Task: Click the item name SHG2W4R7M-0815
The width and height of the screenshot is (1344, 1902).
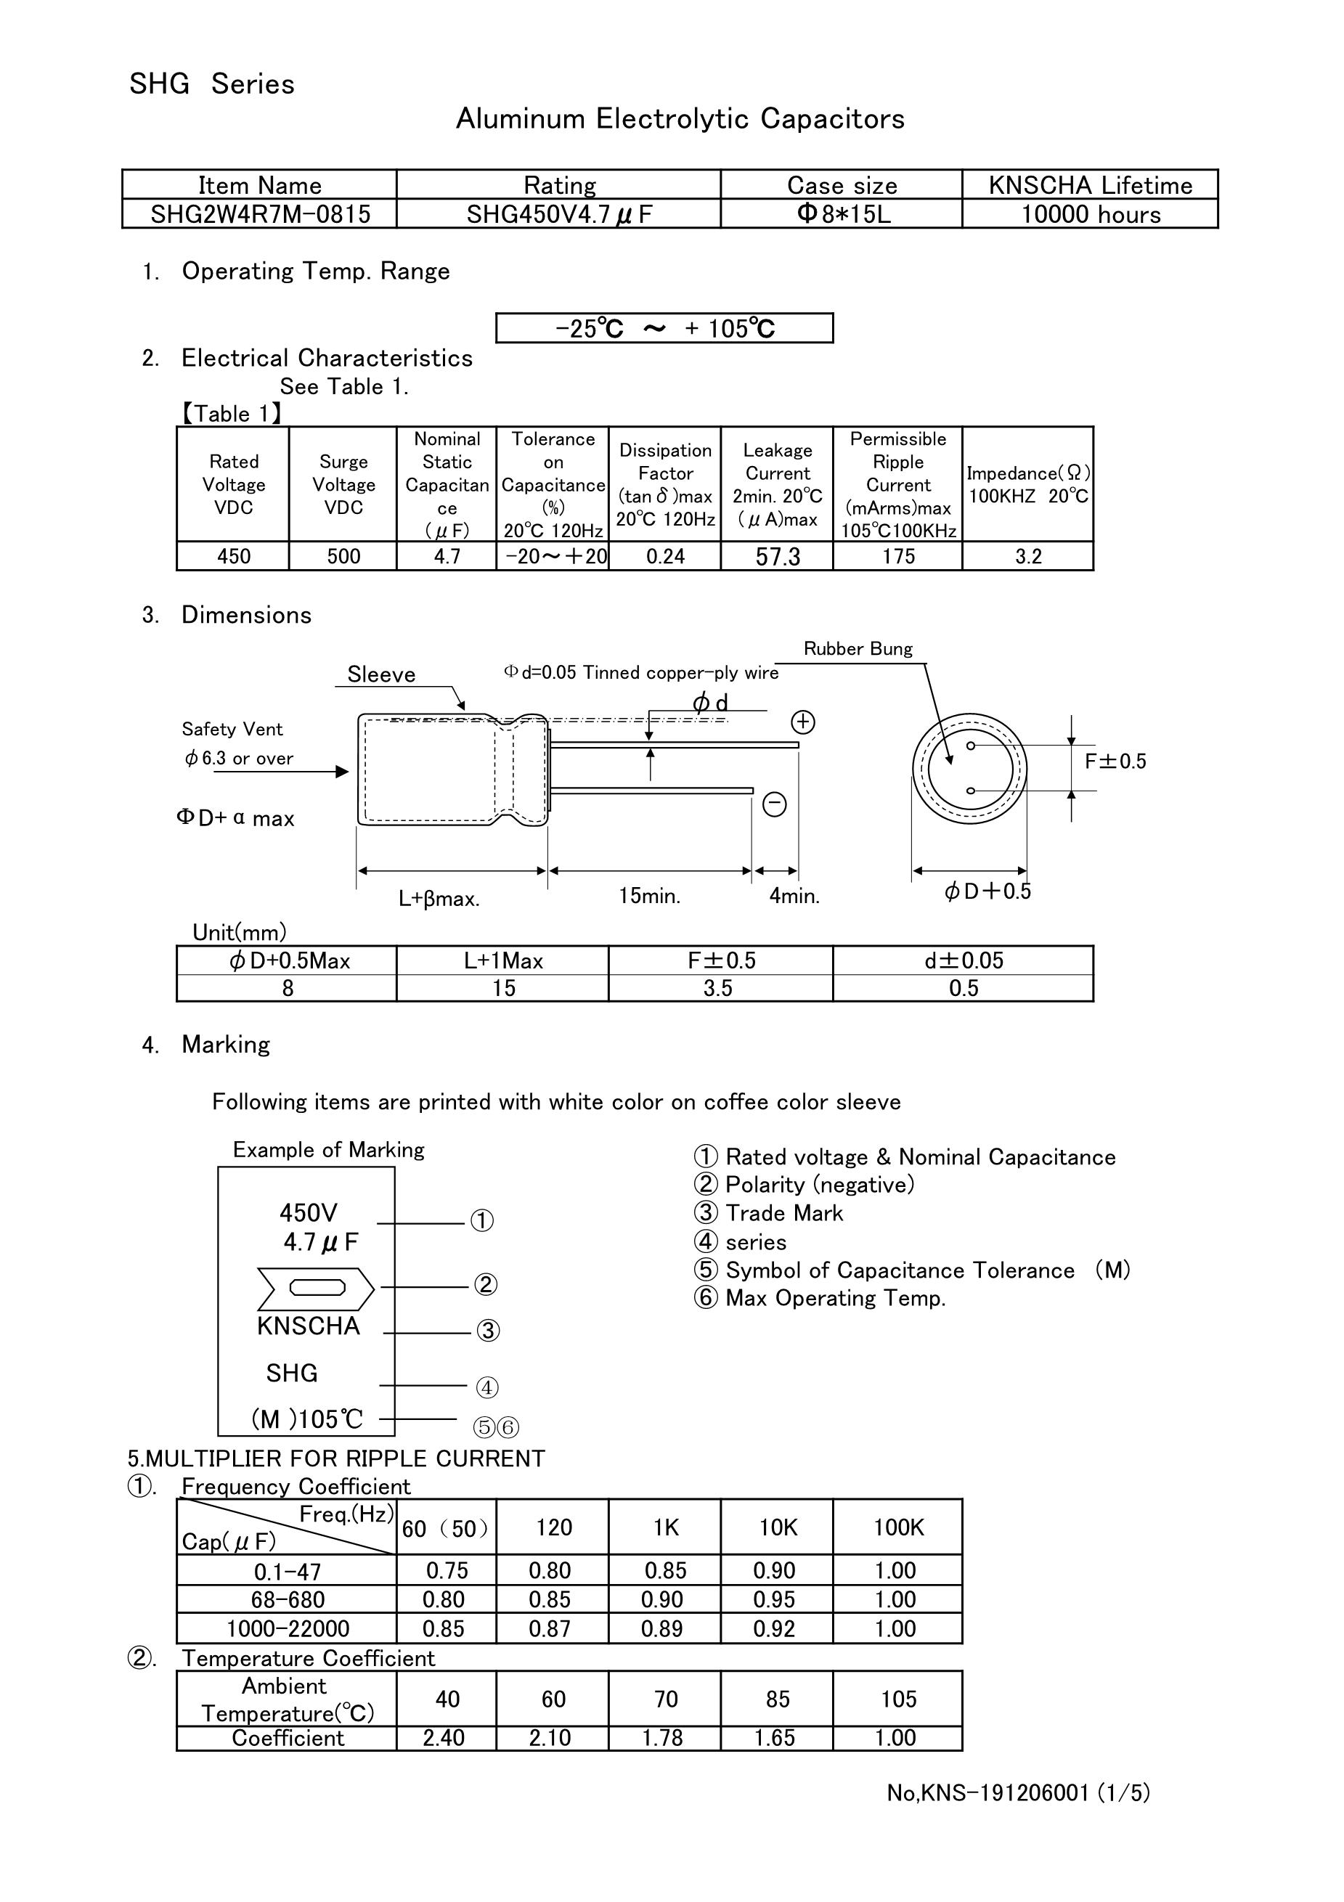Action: pyautogui.click(x=259, y=215)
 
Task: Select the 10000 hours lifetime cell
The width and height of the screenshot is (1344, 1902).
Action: pyautogui.click(x=1090, y=215)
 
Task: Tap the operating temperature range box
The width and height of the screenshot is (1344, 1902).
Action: pyautogui.click(x=664, y=328)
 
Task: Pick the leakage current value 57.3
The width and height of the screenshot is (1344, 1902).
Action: pyautogui.click(x=777, y=557)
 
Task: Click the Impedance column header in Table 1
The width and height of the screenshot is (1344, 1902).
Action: pyautogui.click(x=1027, y=485)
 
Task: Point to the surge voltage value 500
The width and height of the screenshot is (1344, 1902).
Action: pyautogui.click(x=343, y=557)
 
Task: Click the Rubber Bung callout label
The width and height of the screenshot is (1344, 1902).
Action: pyautogui.click(x=858, y=648)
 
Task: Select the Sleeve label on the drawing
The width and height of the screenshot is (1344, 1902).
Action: pyautogui.click(x=381, y=674)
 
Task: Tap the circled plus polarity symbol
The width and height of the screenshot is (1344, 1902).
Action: pyautogui.click(x=802, y=722)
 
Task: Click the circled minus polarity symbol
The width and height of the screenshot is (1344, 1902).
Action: pyautogui.click(x=774, y=804)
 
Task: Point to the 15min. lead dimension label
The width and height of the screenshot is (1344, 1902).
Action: pyautogui.click(x=650, y=896)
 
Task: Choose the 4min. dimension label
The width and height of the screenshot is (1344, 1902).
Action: pyautogui.click(x=794, y=896)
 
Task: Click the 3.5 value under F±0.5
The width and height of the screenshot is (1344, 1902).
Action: pyautogui.click(x=717, y=988)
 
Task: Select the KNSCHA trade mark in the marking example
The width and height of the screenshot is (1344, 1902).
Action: pyautogui.click(x=309, y=1326)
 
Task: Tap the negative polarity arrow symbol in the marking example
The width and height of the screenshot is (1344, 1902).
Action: pyautogui.click(x=317, y=1287)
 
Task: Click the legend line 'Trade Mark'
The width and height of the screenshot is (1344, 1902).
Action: pyautogui.click(x=783, y=1213)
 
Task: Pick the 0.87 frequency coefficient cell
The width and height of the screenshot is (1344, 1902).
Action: pyautogui.click(x=550, y=1628)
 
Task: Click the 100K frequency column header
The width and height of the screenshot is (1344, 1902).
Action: pyautogui.click(x=897, y=1527)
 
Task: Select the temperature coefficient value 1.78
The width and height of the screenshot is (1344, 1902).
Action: pyautogui.click(x=662, y=1738)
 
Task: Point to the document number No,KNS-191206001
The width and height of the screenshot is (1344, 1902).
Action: pyautogui.click(x=1017, y=1792)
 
